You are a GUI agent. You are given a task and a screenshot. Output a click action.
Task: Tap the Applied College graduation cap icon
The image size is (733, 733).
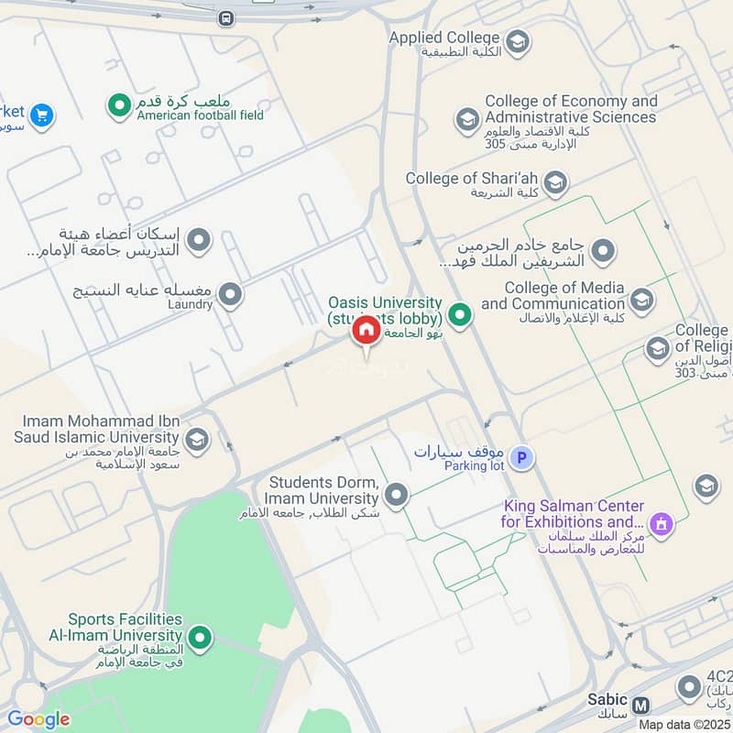click(518, 41)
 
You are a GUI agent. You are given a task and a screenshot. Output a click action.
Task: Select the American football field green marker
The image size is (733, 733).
click(119, 107)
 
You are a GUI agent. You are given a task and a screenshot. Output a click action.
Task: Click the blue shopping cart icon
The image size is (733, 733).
click(41, 115)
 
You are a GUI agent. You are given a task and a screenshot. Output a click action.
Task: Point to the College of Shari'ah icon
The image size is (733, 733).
click(554, 184)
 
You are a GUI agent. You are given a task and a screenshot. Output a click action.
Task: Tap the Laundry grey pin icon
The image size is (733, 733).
click(230, 295)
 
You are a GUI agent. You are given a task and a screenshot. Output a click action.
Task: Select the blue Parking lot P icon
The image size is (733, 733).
click(521, 458)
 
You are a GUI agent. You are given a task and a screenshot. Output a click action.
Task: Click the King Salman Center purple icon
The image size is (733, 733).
click(660, 525)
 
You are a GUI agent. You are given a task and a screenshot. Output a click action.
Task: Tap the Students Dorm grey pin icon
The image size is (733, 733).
click(396, 496)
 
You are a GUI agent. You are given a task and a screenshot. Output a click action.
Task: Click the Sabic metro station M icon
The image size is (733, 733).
click(641, 706)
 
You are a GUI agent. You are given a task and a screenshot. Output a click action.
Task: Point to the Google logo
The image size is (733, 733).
click(38, 719)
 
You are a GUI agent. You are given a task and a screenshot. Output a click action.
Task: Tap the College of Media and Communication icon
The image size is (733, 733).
click(641, 299)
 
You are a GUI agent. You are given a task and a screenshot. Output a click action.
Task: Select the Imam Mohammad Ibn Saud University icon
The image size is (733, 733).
click(196, 440)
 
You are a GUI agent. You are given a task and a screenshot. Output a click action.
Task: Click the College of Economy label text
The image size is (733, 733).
click(570, 109)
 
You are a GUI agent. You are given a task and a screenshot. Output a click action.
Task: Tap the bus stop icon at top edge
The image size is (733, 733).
click(225, 17)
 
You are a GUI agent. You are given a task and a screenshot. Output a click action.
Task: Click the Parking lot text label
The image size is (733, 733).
click(474, 465)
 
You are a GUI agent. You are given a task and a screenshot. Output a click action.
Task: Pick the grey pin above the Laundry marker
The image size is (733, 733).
click(198, 242)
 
